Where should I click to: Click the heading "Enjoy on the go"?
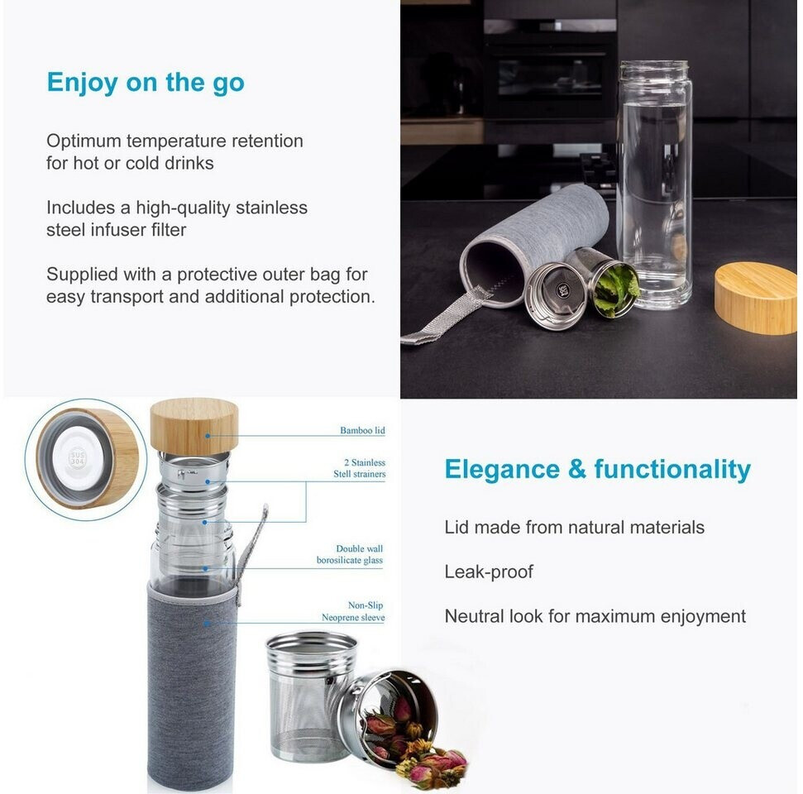(x=146, y=83)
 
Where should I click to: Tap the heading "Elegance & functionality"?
(x=598, y=469)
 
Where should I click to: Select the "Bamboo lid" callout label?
(x=362, y=430)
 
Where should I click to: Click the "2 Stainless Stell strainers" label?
(x=360, y=468)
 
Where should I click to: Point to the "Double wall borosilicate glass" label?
(x=350, y=554)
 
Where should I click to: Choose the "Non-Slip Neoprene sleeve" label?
(x=353, y=611)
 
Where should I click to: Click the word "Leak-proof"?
(x=489, y=572)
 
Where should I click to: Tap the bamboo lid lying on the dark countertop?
(x=756, y=298)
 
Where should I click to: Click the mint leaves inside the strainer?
(x=616, y=289)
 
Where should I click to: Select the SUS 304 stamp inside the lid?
(x=78, y=457)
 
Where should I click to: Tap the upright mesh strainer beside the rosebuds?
(x=308, y=696)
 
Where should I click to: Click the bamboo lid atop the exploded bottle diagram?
(x=194, y=426)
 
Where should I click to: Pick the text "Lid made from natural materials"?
(x=575, y=527)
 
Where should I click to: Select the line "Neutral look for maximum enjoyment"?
(x=595, y=616)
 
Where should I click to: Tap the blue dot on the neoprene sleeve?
(x=207, y=624)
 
